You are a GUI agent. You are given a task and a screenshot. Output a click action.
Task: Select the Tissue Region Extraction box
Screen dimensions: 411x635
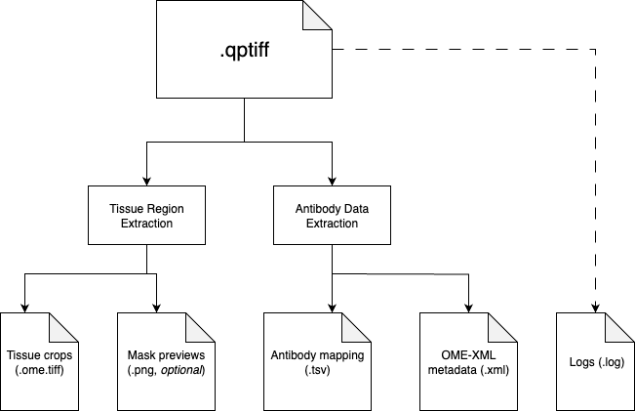[x=146, y=216]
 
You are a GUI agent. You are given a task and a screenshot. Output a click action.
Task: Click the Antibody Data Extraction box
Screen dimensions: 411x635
[x=332, y=216]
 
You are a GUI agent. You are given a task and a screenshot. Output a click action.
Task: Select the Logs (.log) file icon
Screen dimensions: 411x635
[x=595, y=361]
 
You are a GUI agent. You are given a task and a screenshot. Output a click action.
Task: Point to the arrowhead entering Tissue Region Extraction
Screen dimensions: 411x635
[x=146, y=181]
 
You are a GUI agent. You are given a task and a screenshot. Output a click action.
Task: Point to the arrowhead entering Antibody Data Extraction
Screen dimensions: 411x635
[x=332, y=181]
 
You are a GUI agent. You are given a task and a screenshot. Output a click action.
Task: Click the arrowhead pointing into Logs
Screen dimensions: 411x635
[x=595, y=308]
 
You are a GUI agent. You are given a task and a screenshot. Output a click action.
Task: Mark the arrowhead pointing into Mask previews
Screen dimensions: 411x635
[x=156, y=308]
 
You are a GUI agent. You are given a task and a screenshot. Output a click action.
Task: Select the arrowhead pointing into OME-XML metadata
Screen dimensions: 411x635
[x=468, y=308]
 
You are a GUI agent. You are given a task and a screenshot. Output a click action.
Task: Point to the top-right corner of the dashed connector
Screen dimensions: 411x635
[x=595, y=50]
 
